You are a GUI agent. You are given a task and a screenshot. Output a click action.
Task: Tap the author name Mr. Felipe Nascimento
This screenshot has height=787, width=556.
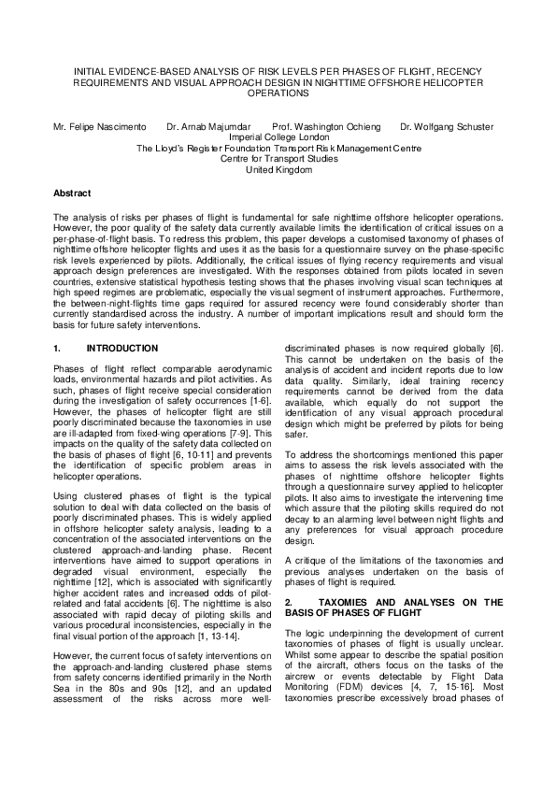coord(99,125)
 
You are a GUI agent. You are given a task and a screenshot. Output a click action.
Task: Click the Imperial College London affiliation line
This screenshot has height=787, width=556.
coord(278,136)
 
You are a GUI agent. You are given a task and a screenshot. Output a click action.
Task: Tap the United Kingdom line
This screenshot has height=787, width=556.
coord(278,170)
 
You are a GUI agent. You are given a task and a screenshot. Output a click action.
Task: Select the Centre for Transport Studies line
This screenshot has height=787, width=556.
coord(278,159)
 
